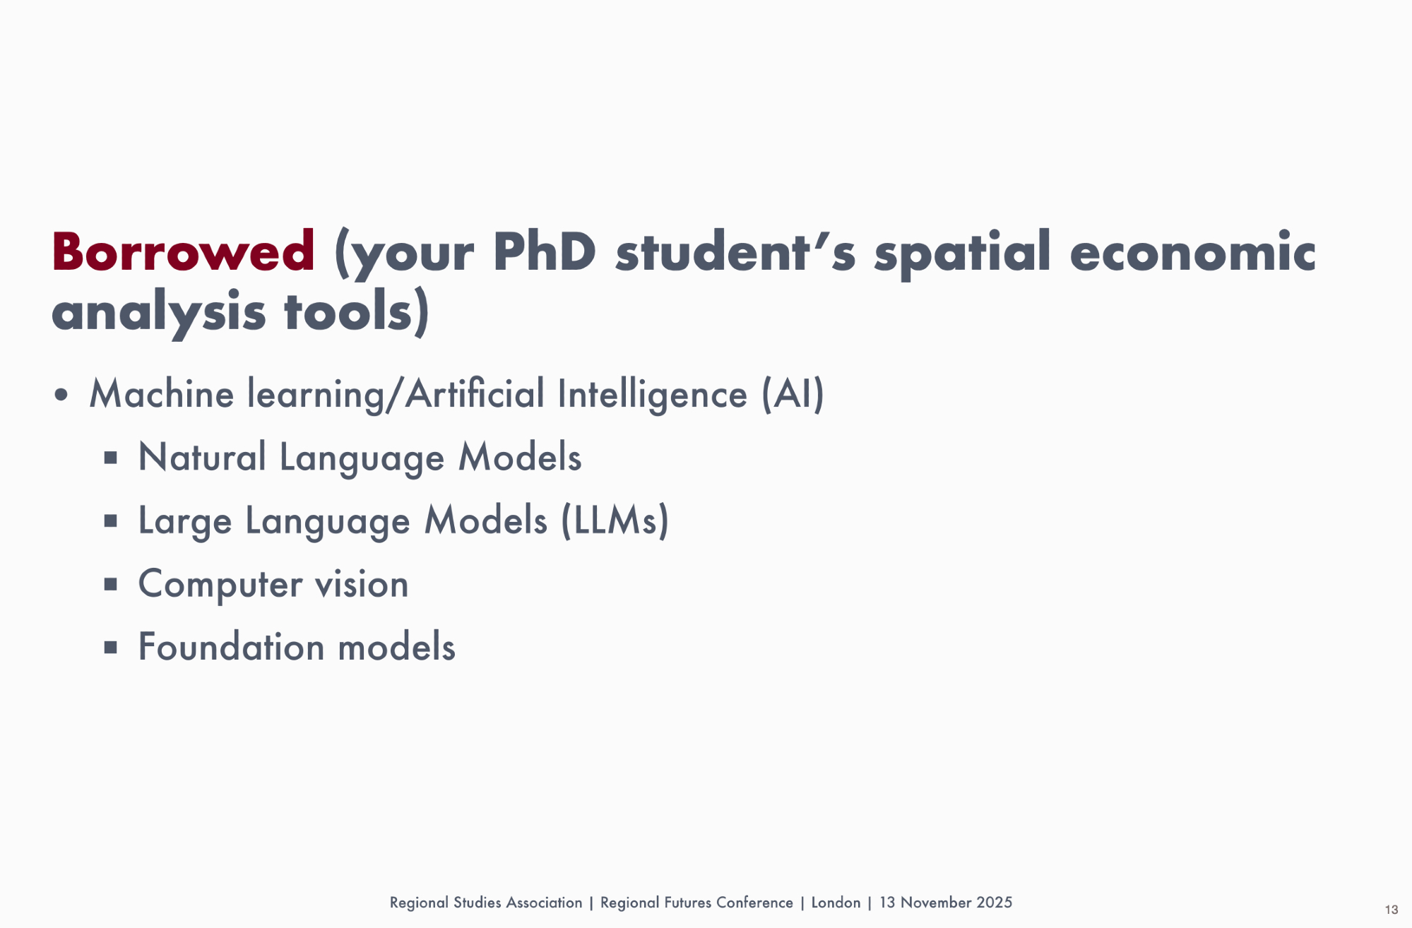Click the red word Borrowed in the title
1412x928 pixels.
pyautogui.click(x=183, y=251)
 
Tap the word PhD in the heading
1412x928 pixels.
pyautogui.click(x=544, y=251)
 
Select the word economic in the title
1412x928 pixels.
pyautogui.click(x=1192, y=251)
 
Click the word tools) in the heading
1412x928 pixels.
pyautogui.click(x=356, y=311)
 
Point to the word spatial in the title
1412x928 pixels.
pyautogui.click(x=963, y=254)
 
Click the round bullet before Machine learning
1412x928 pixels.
pyautogui.click(x=61, y=395)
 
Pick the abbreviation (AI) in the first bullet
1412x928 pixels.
pyautogui.click(x=793, y=394)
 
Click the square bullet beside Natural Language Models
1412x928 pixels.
pyautogui.click(x=110, y=458)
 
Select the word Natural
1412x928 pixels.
pyautogui.click(x=202, y=457)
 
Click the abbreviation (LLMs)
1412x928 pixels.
pyautogui.click(x=615, y=520)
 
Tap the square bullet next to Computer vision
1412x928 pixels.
pyautogui.click(x=110, y=584)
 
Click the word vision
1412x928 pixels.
pyautogui.click(x=362, y=584)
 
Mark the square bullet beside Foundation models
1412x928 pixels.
pyautogui.click(x=110, y=647)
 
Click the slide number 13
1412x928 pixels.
pyautogui.click(x=1391, y=910)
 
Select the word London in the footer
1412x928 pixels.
pyautogui.click(x=836, y=903)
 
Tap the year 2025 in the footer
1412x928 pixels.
pyautogui.click(x=994, y=903)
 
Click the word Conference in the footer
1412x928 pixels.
pyautogui.click(x=754, y=903)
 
